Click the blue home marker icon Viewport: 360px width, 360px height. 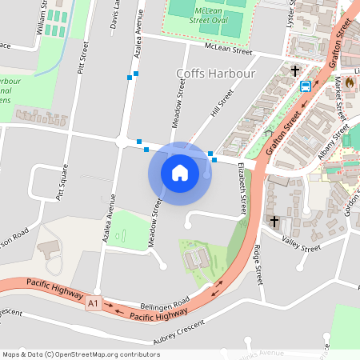click(179, 172)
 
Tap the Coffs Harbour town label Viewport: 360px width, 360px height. click(215, 74)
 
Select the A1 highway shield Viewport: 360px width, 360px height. click(94, 303)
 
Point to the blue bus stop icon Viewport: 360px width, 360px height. click(306, 86)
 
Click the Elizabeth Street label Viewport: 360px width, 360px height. click(242, 190)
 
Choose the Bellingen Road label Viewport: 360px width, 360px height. click(164, 302)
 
